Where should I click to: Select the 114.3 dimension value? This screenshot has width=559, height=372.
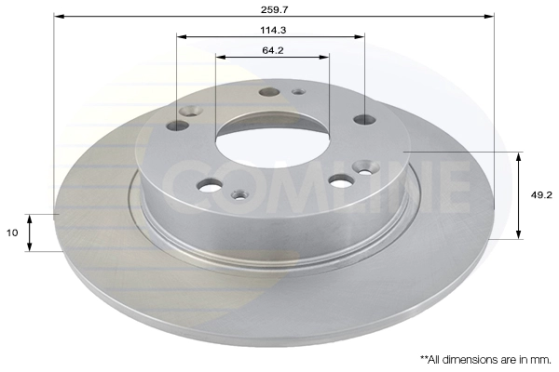point(273,31)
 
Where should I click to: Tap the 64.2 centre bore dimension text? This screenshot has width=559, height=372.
point(273,50)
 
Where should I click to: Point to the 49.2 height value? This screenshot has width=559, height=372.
point(541,195)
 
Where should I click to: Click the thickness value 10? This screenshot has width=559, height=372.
point(12,232)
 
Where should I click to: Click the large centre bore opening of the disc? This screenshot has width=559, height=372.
point(273,141)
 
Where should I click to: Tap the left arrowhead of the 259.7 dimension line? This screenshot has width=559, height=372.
point(60,17)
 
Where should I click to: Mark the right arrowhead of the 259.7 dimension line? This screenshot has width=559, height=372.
point(489,17)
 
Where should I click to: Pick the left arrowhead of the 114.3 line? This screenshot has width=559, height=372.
point(183,36)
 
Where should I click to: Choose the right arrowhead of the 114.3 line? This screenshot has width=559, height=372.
point(360,36)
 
